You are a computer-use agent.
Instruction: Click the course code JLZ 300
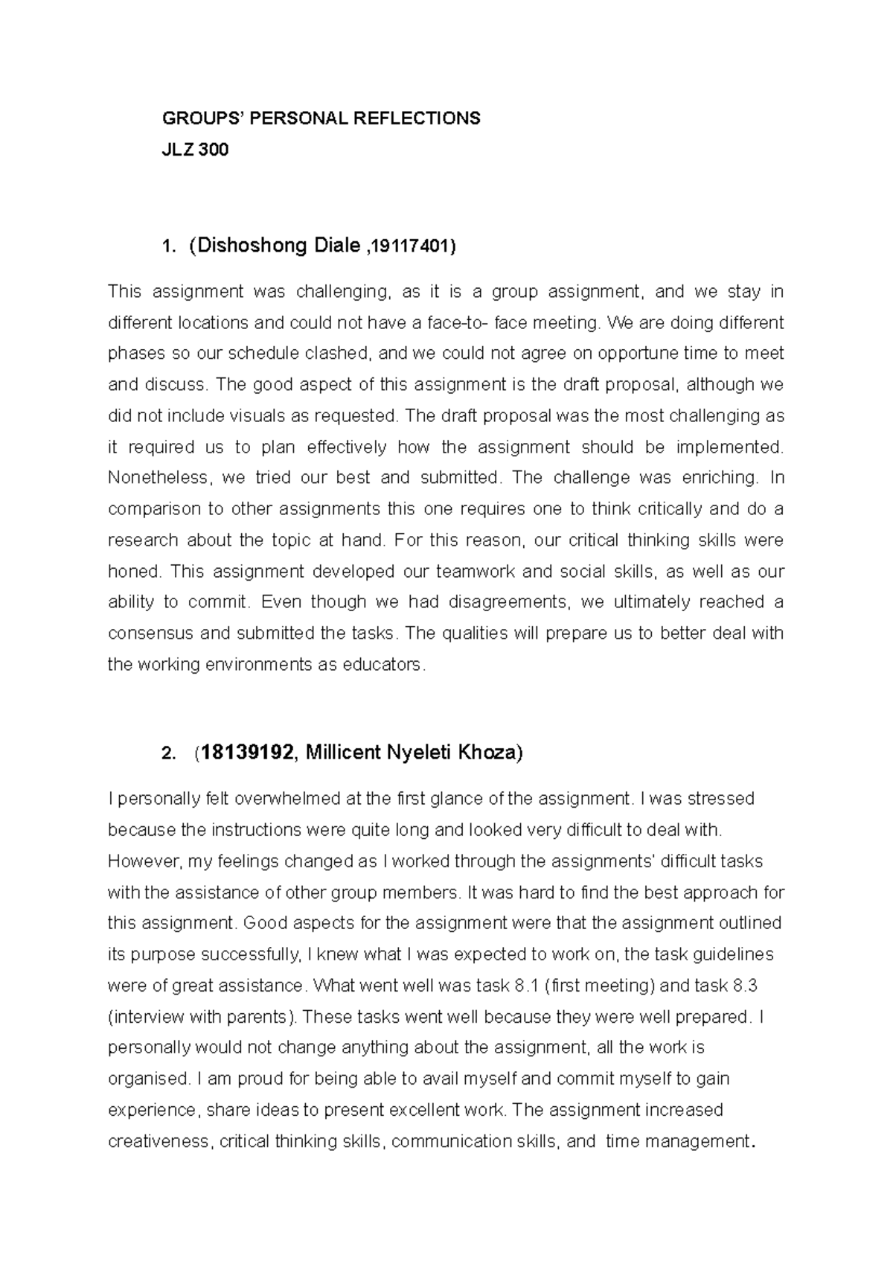(196, 150)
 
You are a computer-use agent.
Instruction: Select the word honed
(133, 572)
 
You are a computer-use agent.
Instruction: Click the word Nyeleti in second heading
(412, 753)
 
